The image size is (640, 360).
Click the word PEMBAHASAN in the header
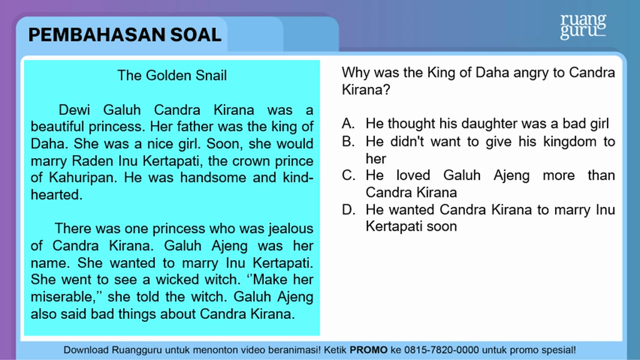click(97, 35)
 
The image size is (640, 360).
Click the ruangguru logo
click(583, 26)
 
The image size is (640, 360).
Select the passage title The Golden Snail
click(172, 76)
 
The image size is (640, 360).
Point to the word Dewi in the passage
click(74, 110)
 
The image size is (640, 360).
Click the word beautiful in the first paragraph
click(57, 126)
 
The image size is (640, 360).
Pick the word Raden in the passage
click(93, 161)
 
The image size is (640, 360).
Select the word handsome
click(213, 178)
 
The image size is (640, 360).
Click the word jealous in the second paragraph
click(291, 229)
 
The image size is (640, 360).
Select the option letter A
click(348, 123)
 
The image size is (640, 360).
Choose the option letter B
click(348, 141)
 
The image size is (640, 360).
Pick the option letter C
click(348, 175)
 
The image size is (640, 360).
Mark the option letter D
click(348, 209)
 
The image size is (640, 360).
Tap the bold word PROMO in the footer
click(369, 350)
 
